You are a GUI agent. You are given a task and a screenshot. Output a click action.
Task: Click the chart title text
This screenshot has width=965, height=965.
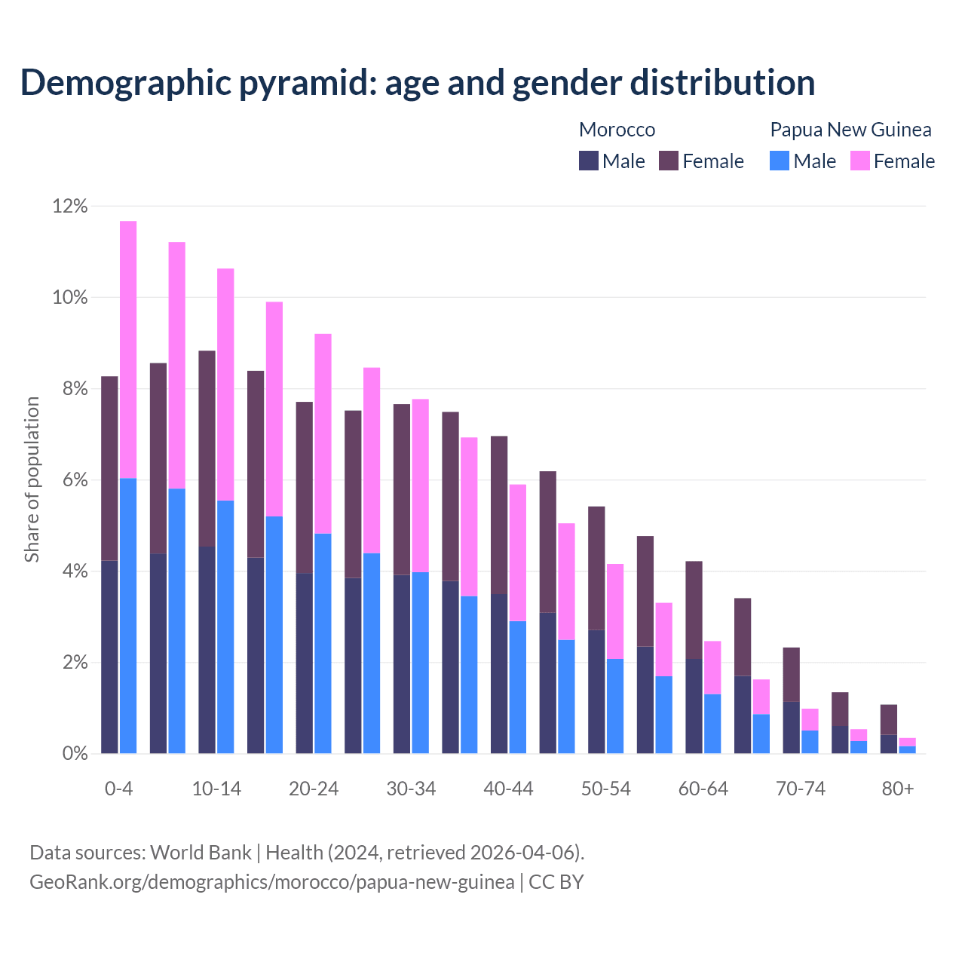coord(418,83)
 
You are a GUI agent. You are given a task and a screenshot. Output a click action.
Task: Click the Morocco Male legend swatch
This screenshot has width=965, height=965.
coord(589,161)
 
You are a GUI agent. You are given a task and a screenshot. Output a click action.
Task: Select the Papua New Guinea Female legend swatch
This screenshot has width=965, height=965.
coord(860,161)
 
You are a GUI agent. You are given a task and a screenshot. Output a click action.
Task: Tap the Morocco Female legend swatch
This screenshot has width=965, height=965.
coord(669,161)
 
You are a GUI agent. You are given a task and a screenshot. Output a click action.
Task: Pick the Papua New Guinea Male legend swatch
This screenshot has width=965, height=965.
coord(780,161)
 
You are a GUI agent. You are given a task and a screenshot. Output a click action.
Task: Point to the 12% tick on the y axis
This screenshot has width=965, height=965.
coord(70,206)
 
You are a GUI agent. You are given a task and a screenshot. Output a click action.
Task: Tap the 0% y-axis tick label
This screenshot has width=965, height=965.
coord(75,754)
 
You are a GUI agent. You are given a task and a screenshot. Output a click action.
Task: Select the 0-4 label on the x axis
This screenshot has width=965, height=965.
coord(119,789)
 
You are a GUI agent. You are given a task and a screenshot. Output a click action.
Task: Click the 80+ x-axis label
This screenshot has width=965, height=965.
coord(898,789)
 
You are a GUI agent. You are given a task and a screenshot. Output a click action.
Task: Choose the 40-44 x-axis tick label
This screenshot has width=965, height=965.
coord(508,789)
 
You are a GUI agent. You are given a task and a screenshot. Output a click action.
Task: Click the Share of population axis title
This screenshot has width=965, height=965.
coord(32,479)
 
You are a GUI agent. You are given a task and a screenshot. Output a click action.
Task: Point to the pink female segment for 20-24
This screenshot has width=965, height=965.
coord(323,433)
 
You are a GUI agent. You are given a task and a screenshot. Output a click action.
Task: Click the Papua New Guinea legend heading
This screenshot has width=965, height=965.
coord(850,130)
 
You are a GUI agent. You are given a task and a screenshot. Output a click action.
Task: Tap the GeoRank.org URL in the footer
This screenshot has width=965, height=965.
coord(272,882)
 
